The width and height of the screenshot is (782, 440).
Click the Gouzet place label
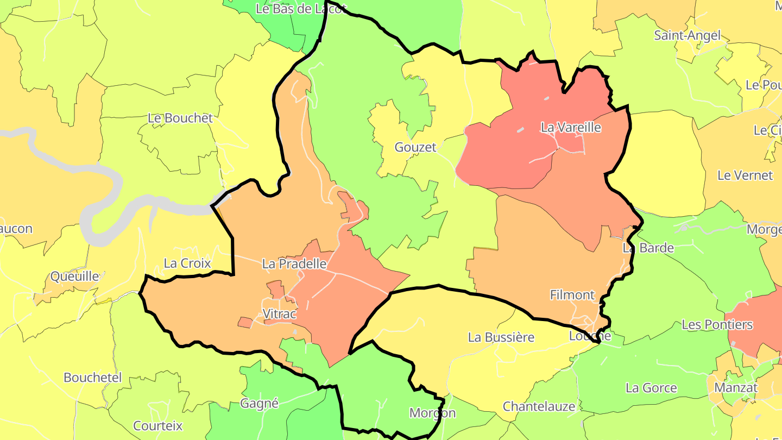415,147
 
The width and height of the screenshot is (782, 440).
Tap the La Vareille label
571,128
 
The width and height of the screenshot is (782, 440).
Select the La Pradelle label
294,264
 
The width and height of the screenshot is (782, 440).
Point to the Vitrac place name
280,314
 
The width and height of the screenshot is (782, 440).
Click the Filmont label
572,295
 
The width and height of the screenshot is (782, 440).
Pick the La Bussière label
501,337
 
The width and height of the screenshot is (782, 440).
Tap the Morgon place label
432,413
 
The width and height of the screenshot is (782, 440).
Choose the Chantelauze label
539,406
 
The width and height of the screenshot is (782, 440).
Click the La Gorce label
651,388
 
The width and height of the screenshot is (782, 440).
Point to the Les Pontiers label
717,325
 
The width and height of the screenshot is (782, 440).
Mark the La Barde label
648,248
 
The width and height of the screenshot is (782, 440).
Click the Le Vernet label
745,175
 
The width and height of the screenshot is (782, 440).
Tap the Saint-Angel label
687,36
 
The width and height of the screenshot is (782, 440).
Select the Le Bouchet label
180,118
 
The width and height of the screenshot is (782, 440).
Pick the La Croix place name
187,263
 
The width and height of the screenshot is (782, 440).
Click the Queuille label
75,276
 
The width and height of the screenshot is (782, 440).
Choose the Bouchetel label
93,378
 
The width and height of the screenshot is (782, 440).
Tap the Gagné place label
259,404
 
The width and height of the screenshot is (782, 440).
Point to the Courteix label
158,426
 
